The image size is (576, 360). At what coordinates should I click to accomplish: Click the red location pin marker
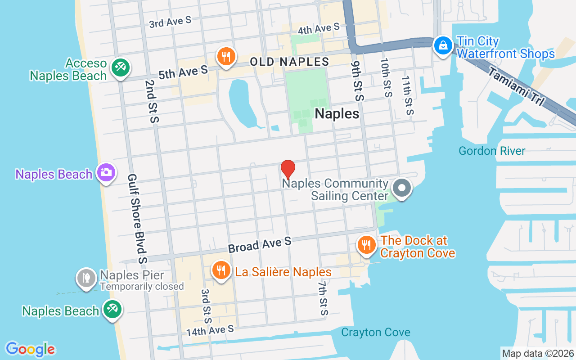coord(288,169)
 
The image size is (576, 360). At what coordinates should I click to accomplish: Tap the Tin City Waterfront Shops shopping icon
coord(443,45)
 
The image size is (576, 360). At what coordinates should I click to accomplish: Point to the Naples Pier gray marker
coord(85,278)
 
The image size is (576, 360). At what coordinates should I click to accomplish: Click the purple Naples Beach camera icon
coord(106,172)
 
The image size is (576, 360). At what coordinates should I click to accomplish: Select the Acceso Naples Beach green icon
coord(120,68)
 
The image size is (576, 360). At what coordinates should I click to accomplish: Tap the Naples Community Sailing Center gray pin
coord(402,188)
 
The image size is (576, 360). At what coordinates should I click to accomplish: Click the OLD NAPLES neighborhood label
coord(289,62)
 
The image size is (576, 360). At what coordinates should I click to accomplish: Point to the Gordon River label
coord(492,151)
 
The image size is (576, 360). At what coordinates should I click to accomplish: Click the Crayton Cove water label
coord(375,333)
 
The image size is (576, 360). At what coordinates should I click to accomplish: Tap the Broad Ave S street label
coord(260,245)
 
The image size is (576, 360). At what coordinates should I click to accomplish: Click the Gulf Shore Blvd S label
coord(137,219)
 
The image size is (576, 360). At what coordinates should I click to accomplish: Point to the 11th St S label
coord(408,95)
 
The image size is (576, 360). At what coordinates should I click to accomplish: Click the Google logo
coord(31,349)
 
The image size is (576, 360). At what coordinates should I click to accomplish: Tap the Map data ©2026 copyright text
coord(538,354)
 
